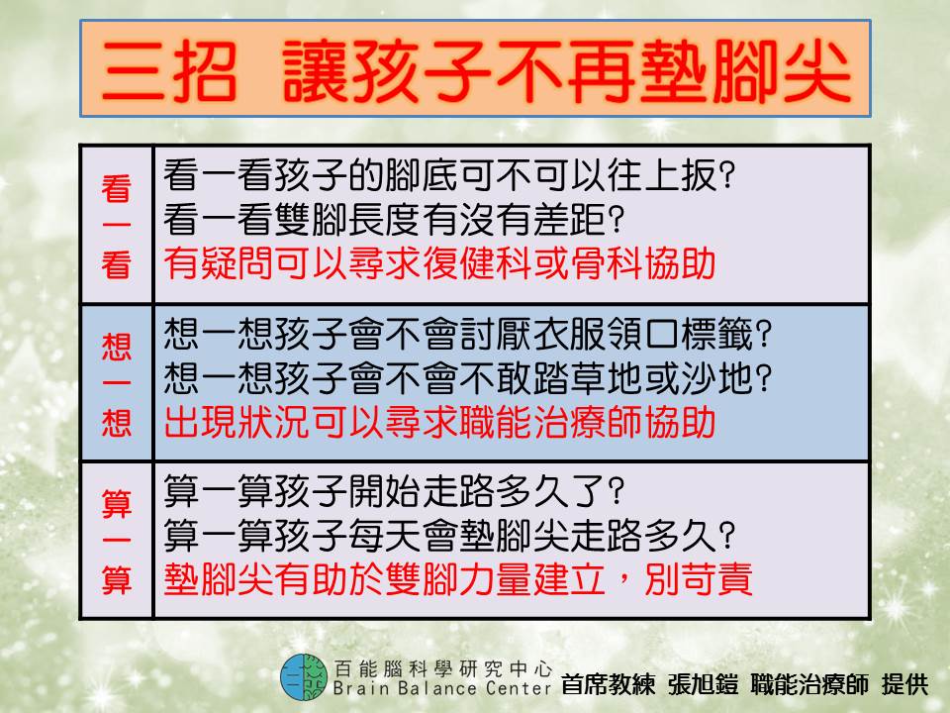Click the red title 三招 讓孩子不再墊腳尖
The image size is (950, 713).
(x=476, y=71)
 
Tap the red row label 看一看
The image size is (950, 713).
(x=117, y=226)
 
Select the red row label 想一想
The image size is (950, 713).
(x=117, y=384)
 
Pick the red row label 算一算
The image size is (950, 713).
(x=117, y=541)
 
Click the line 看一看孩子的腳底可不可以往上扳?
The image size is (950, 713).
(x=449, y=175)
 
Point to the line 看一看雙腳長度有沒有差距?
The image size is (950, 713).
(x=393, y=219)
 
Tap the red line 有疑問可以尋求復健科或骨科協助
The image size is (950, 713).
(x=439, y=263)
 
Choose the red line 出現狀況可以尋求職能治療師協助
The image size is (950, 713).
(x=439, y=422)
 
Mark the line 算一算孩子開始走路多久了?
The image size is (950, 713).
(x=393, y=491)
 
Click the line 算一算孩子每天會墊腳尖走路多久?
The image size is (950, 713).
(x=449, y=536)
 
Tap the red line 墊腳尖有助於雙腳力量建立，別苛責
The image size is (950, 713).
(x=458, y=579)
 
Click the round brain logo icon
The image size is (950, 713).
(x=304, y=677)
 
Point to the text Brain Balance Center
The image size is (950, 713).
(x=441, y=689)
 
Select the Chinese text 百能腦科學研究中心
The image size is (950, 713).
(x=443, y=668)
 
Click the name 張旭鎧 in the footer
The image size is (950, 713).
(x=703, y=684)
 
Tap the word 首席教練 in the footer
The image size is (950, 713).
(x=609, y=684)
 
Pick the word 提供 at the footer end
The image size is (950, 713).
(x=905, y=684)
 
